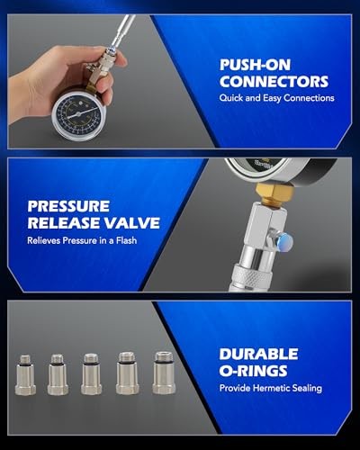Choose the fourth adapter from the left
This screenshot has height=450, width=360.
[x=126, y=371]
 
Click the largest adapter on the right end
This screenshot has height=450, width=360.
[x=163, y=370]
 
